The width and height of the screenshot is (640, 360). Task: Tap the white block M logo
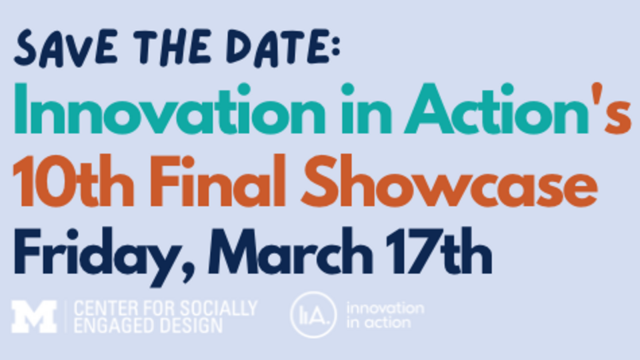[33, 316]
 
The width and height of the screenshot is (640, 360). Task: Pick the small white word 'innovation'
[385, 308]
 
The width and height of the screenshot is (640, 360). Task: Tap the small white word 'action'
[393, 323]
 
